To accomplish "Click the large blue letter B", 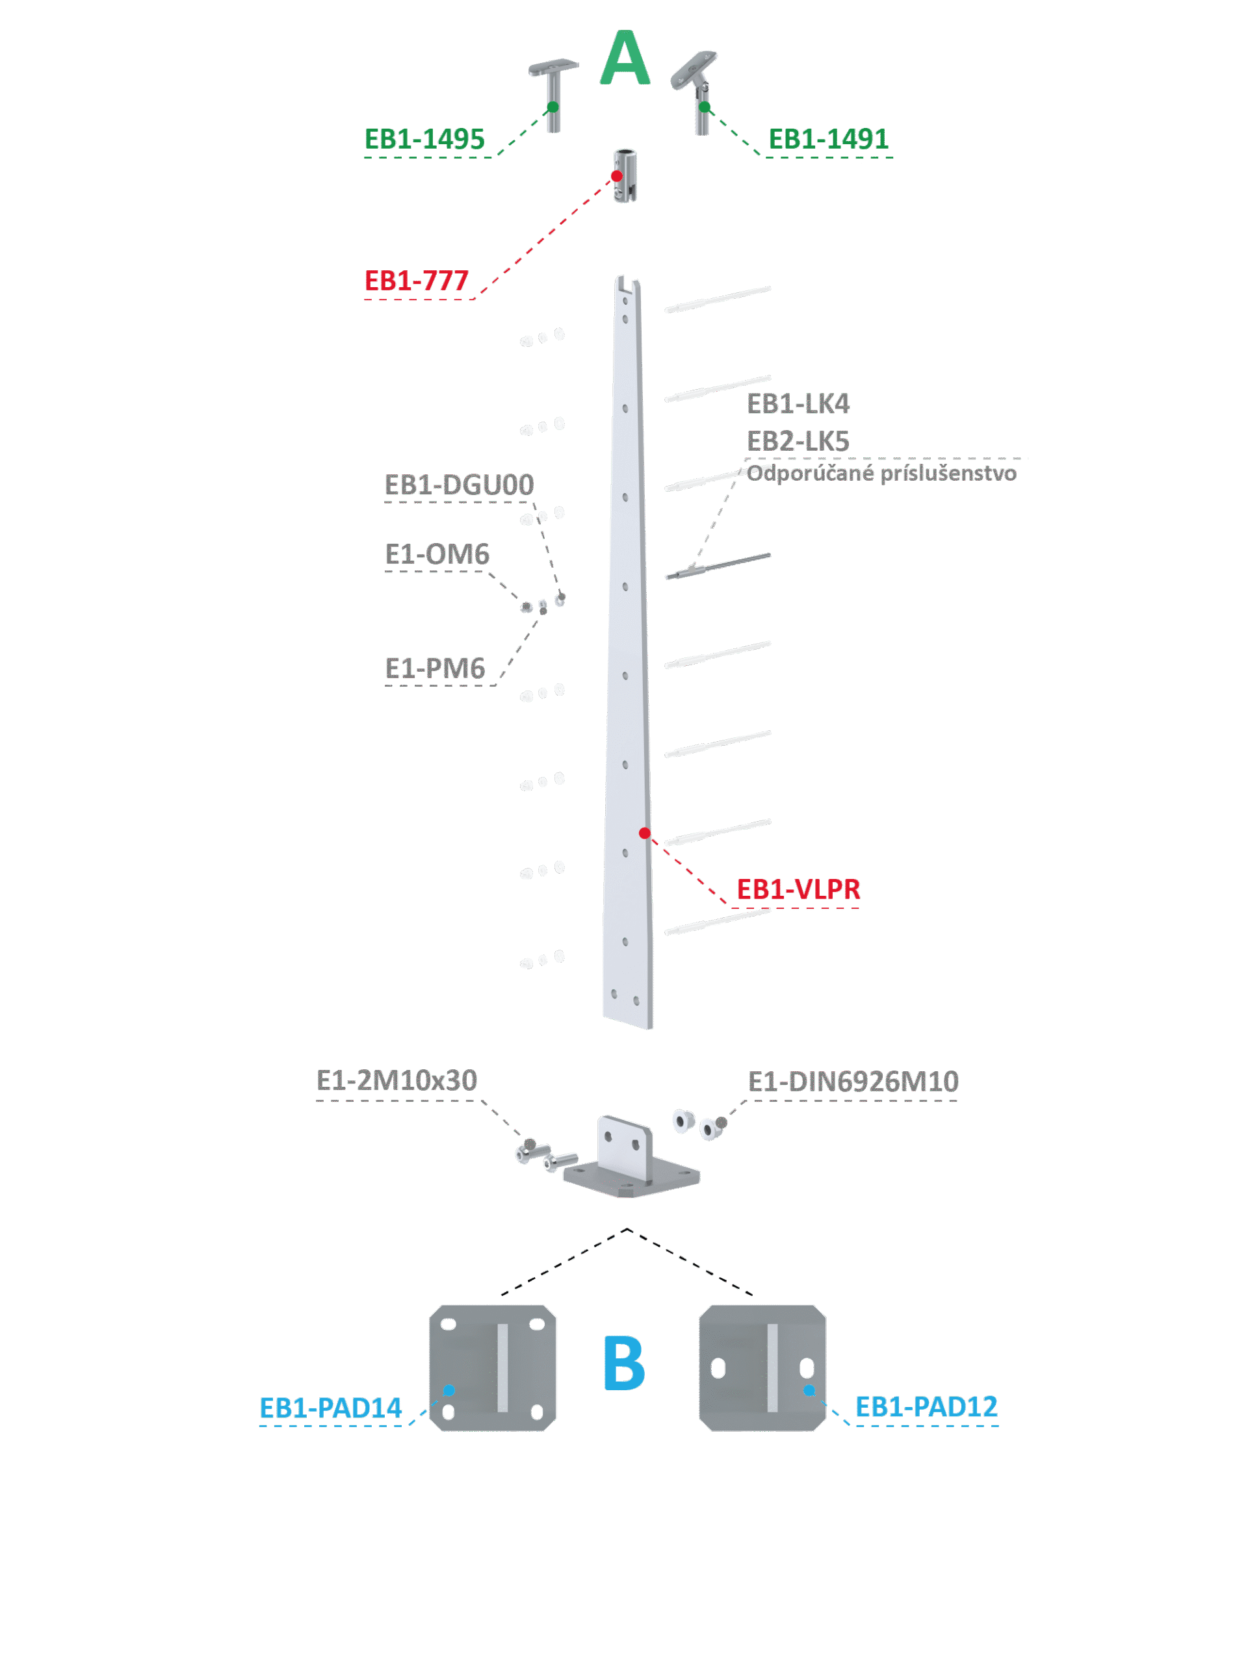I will click(x=623, y=1362).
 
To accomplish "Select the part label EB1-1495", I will click(x=424, y=139).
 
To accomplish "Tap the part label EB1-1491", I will click(x=828, y=139).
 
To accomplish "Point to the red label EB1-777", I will click(x=416, y=281).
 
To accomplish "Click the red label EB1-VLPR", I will click(x=798, y=889).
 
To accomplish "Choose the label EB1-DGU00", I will click(x=459, y=485).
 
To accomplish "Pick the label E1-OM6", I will click(x=436, y=555).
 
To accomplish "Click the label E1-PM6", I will click(x=435, y=668).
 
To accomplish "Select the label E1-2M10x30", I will click(x=397, y=1080).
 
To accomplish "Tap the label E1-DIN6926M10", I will click(x=853, y=1082).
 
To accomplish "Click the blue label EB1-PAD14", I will click(x=330, y=1408).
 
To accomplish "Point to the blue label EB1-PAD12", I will click(x=926, y=1406).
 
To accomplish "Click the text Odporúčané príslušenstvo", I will click(x=881, y=474).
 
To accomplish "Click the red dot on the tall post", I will click(x=645, y=833).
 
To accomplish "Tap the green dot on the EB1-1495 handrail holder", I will click(x=553, y=107).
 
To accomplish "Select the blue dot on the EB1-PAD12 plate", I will click(x=809, y=1390).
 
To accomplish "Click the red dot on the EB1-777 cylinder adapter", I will click(x=617, y=176).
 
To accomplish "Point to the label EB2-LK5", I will click(x=798, y=441).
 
